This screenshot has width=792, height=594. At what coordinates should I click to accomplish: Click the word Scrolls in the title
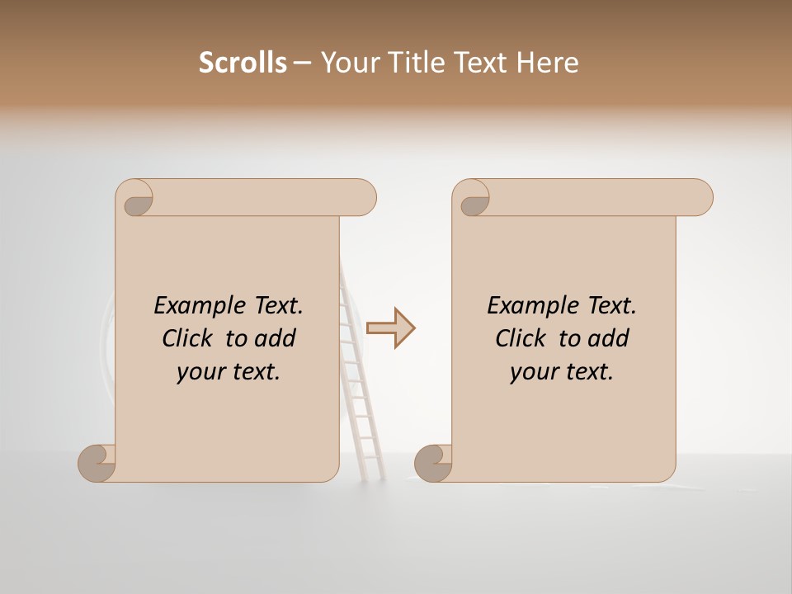click(x=243, y=63)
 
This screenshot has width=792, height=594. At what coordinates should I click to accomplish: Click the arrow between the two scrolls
click(x=391, y=328)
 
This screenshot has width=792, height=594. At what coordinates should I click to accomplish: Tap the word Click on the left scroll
click(x=187, y=338)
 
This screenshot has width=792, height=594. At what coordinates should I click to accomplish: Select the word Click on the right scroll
click(x=521, y=338)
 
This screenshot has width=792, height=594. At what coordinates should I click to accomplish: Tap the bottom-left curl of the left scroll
click(x=97, y=463)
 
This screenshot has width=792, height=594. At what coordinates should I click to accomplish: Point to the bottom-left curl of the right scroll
click(x=433, y=463)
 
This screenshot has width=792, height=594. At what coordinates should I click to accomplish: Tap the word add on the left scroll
click(x=276, y=338)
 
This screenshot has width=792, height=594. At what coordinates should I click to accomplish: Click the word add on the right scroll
click(x=609, y=338)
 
